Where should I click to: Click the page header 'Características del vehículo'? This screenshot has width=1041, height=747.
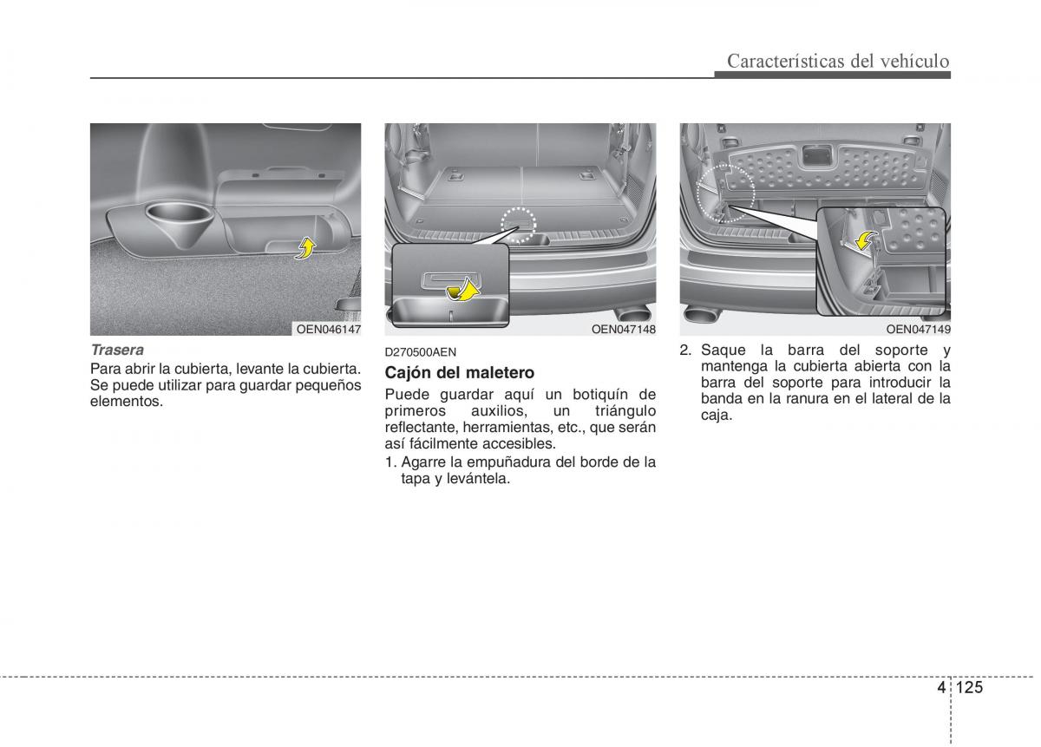click(838, 61)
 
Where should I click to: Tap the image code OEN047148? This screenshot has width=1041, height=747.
click(623, 329)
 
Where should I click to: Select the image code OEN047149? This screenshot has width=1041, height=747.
click(918, 329)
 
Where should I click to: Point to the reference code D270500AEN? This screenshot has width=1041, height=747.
click(421, 352)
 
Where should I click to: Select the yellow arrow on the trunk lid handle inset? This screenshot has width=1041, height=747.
click(468, 289)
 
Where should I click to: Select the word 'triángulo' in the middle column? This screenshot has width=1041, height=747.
click(622, 411)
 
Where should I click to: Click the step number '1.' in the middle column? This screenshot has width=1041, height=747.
click(390, 462)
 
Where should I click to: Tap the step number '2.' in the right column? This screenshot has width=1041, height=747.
click(685, 351)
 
